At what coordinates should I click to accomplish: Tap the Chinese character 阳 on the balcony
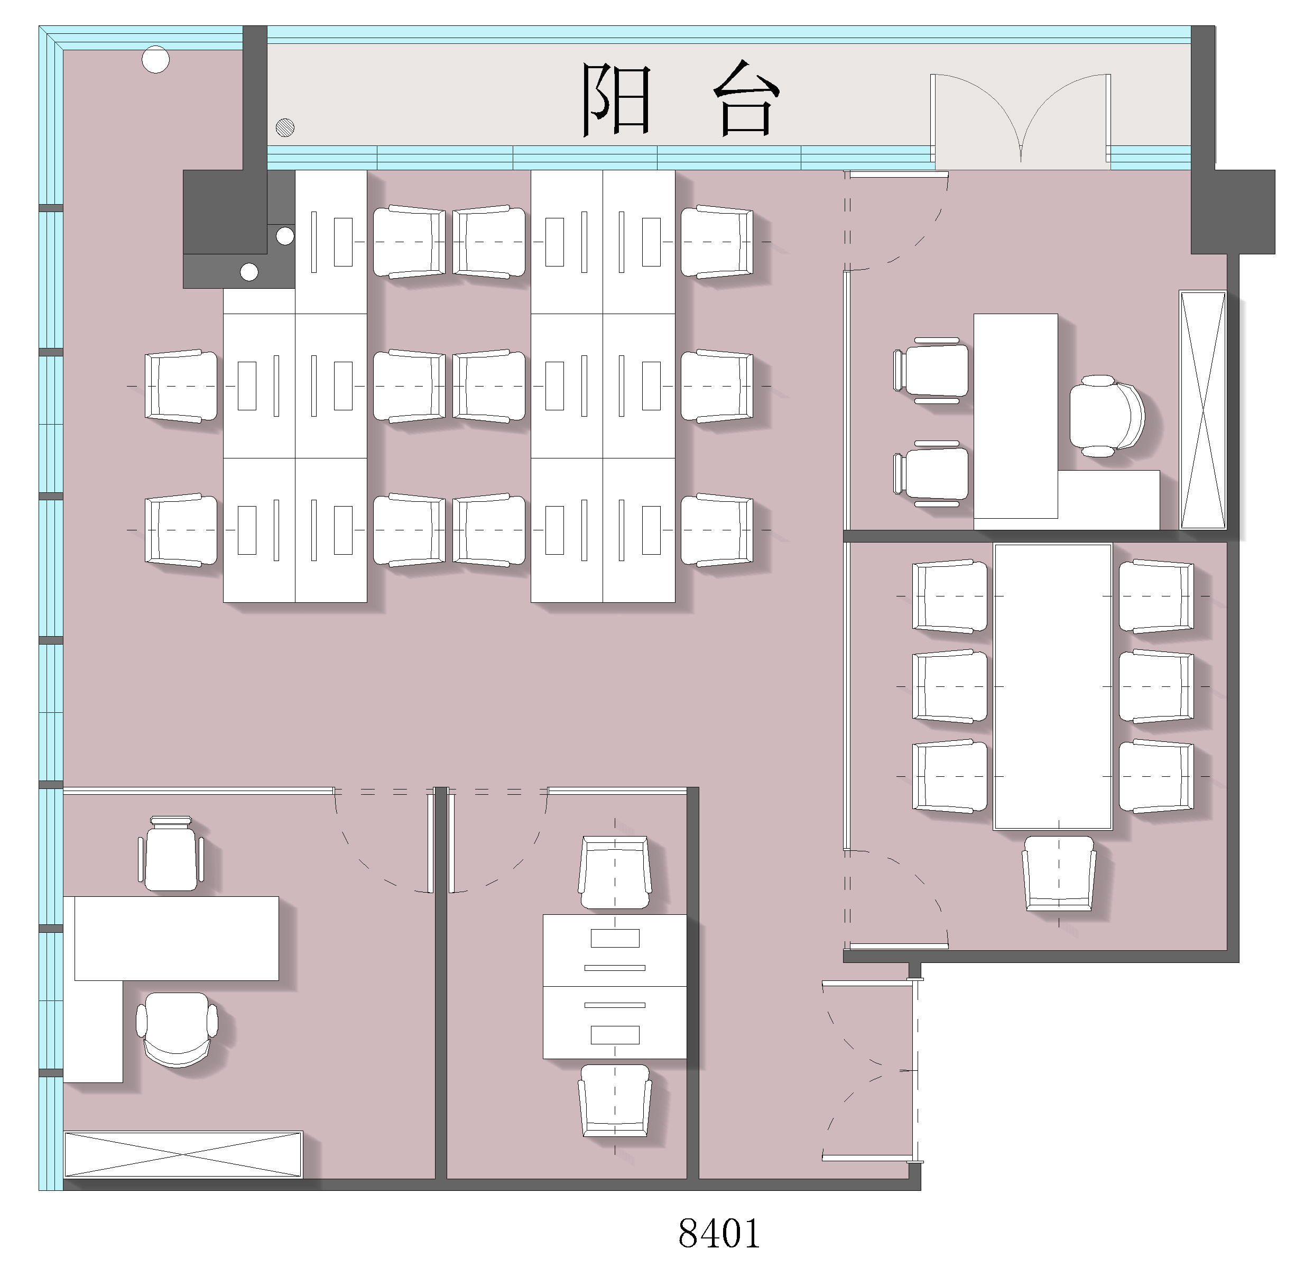tap(615, 99)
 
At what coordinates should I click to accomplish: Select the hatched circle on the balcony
tap(285, 127)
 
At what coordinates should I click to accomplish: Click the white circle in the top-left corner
tap(155, 59)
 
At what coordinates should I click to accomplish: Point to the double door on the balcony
tap(1020, 120)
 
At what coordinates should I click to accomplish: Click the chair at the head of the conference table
tap(1059, 873)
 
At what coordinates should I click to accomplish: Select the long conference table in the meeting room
tap(1052, 687)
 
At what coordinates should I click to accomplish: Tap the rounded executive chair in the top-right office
tap(1106, 417)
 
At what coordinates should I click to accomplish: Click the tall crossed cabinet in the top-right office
tap(1202, 410)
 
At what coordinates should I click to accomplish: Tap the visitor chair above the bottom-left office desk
tap(171, 854)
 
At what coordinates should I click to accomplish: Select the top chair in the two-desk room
tap(615, 873)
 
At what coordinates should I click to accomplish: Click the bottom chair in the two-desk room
tap(615, 1100)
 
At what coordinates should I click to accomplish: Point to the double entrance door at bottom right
tap(872, 1071)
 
